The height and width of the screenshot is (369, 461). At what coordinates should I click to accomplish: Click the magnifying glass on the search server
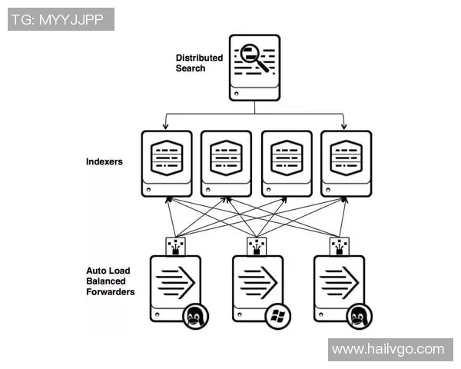coord(254,58)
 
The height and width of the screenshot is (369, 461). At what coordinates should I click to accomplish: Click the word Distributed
coord(199,58)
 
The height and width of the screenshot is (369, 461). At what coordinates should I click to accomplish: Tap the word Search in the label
coord(191,68)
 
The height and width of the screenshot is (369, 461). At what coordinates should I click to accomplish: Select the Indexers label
coord(104,162)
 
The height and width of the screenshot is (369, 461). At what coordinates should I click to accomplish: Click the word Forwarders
coord(111,292)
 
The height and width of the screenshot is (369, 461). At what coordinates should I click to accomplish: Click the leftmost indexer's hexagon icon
coord(167,156)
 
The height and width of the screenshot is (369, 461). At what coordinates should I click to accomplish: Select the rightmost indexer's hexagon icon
coord(347,156)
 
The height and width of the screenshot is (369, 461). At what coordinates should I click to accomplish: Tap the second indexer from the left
coord(227,162)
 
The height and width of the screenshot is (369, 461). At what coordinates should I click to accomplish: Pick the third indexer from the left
coord(287,162)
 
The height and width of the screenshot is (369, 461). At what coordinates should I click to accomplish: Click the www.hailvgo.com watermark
coord(388,349)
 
